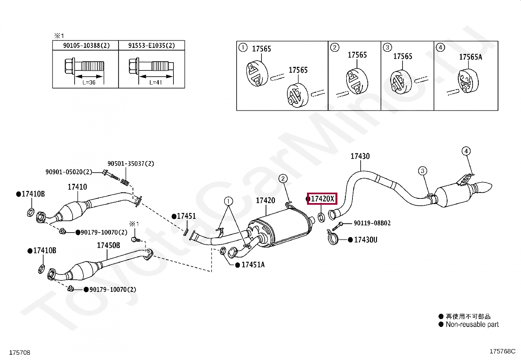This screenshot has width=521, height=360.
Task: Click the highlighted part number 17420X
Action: pyautogui.click(x=322, y=199)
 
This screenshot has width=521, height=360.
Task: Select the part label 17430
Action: pyautogui.click(x=360, y=156)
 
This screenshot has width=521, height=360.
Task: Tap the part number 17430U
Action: pyautogui.click(x=366, y=240)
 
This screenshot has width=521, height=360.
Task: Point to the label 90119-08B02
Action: pyautogui.click(x=372, y=223)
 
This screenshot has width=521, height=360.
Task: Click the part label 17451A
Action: pyautogui.click(x=253, y=265)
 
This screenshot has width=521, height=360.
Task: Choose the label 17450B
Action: pyautogui.click(x=108, y=245)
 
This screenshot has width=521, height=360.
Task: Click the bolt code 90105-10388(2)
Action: pyautogui.click(x=86, y=46)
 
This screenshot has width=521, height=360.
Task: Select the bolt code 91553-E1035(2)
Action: pyautogui.click(x=152, y=46)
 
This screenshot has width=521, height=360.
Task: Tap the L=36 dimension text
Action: pyautogui.click(x=89, y=83)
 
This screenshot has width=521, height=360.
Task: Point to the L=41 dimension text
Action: pyautogui.click(x=156, y=83)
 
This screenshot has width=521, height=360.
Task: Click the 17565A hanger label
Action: pyautogui.click(x=471, y=57)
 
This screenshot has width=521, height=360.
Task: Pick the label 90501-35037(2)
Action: pyautogui.click(x=131, y=163)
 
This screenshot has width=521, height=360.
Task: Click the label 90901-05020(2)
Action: pyautogui.click(x=69, y=172)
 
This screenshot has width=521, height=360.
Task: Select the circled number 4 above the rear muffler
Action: pyautogui.click(x=466, y=151)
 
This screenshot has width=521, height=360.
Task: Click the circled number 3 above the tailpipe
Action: pyautogui.click(x=422, y=171)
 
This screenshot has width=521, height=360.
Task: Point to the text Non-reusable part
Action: pyautogui.click(x=472, y=324)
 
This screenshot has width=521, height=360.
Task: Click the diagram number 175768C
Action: pyautogui.click(x=502, y=351)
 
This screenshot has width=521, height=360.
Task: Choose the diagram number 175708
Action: pyautogui.click(x=20, y=352)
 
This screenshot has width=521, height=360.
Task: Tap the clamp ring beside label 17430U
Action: pyautogui.click(x=333, y=238)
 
